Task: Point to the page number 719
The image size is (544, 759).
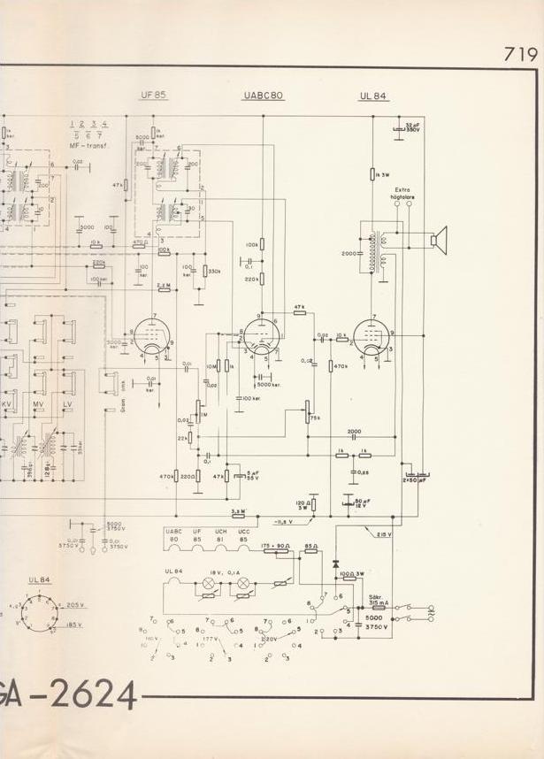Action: pyautogui.click(x=521, y=53)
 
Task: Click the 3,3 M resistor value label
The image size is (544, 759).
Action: pyautogui.click(x=238, y=511)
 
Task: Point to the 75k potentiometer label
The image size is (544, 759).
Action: pyautogui.click(x=315, y=418)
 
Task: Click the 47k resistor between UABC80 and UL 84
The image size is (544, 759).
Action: pyautogui.click(x=299, y=306)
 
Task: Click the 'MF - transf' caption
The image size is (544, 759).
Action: pyautogui.click(x=88, y=145)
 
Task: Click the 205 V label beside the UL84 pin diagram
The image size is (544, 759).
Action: pyautogui.click(x=74, y=604)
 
